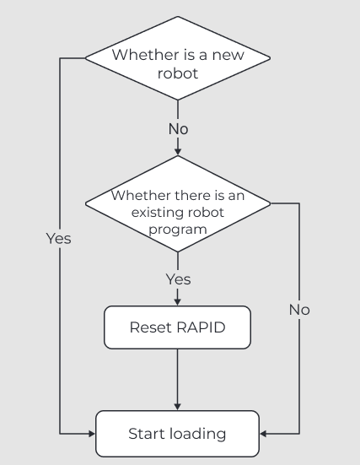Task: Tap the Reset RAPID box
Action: point(178,327)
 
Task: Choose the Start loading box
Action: point(178,434)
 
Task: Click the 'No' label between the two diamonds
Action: point(178,129)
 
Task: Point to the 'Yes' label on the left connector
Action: point(58,239)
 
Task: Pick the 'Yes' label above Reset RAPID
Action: point(178,279)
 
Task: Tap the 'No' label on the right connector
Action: point(299,310)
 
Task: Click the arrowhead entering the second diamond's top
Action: point(178,152)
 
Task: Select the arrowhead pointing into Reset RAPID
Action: point(178,301)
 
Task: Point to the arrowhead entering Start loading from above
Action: point(178,406)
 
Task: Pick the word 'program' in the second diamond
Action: point(178,229)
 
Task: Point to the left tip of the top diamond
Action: point(86,58)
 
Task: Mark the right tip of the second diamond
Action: point(271,203)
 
